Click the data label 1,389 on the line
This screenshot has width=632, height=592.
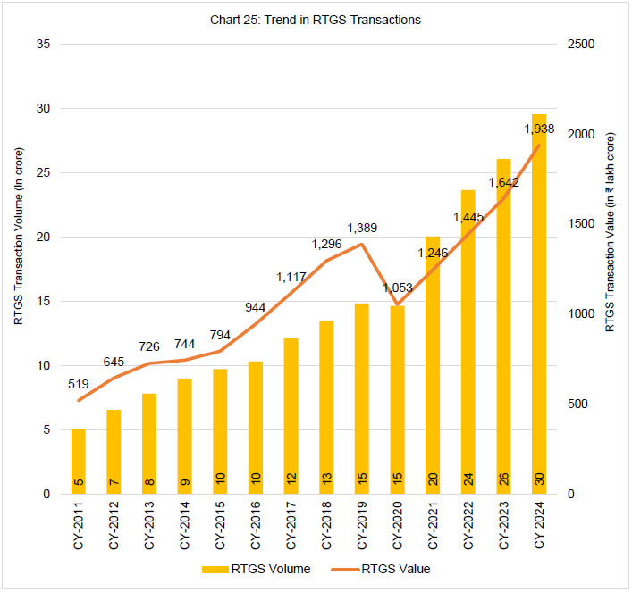pos(362,229)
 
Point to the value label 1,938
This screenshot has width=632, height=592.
pos(539,129)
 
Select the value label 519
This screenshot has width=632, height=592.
pos(79,384)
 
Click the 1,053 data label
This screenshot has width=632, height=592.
pos(397,286)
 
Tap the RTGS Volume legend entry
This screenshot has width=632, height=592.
pos(257,568)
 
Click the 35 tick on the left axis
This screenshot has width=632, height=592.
pos(42,45)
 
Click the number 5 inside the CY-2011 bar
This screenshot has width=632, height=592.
pos(79,480)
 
